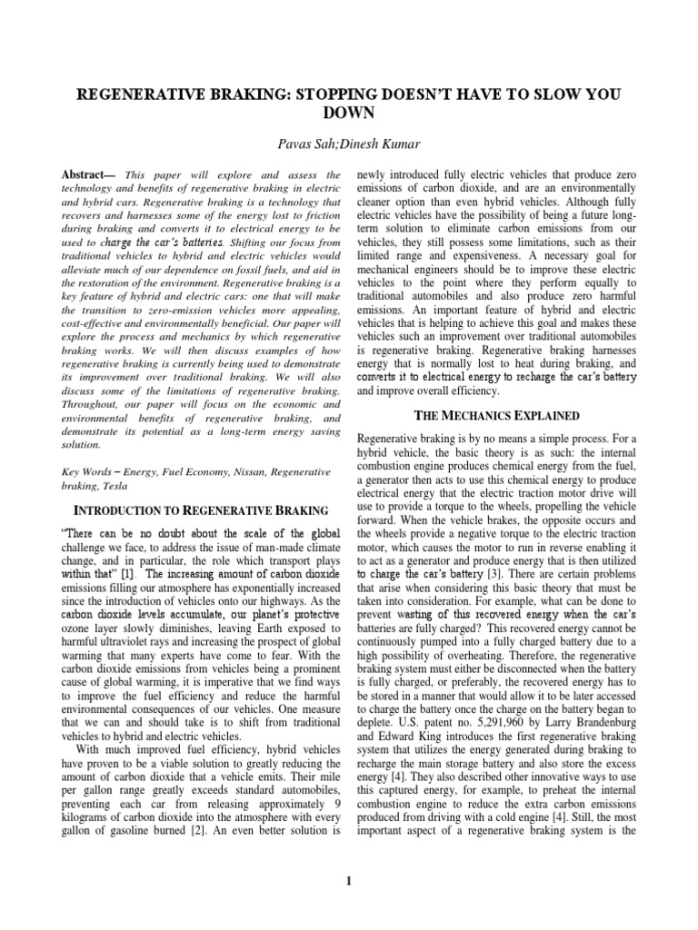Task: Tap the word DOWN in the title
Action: click(348, 113)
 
